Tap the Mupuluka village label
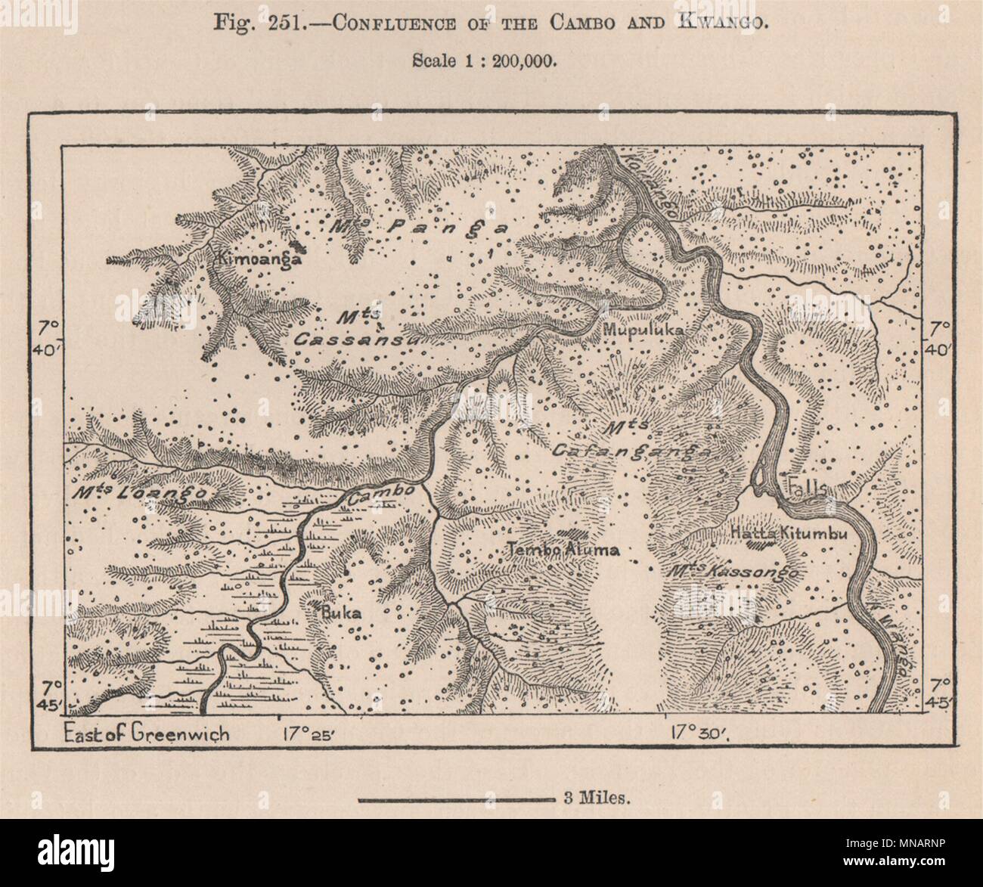[643, 330]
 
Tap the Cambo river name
[381, 492]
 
